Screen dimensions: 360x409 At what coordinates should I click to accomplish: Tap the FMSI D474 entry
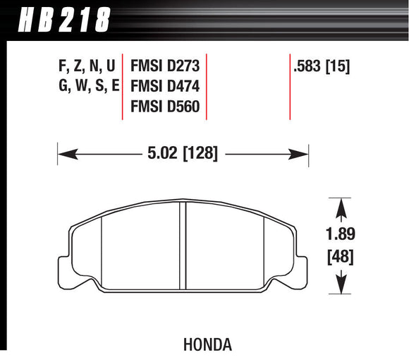pos(165,88)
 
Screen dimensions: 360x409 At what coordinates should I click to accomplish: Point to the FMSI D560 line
pos(165,107)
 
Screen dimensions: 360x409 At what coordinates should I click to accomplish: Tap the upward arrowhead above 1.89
pos(341,206)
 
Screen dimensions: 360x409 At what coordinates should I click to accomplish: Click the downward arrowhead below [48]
pos(341,284)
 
